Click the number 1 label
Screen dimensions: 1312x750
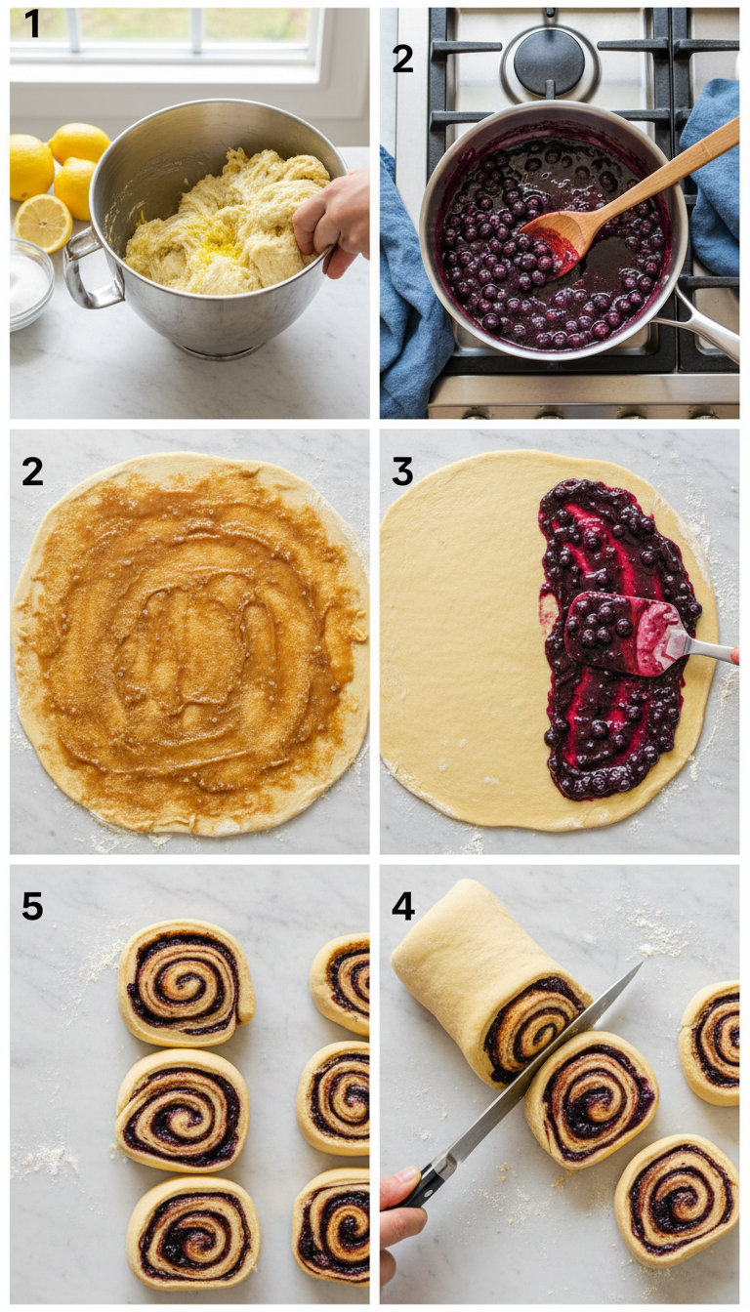click(32, 24)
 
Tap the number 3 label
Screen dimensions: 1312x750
click(401, 471)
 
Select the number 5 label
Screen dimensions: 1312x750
click(32, 907)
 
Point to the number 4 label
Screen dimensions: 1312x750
click(402, 907)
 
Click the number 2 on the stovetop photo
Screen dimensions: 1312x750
click(402, 59)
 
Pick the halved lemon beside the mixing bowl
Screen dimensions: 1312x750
click(43, 222)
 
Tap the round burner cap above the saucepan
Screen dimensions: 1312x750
click(549, 61)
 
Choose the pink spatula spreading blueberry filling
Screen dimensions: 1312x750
click(625, 633)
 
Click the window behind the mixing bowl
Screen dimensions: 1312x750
click(166, 39)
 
